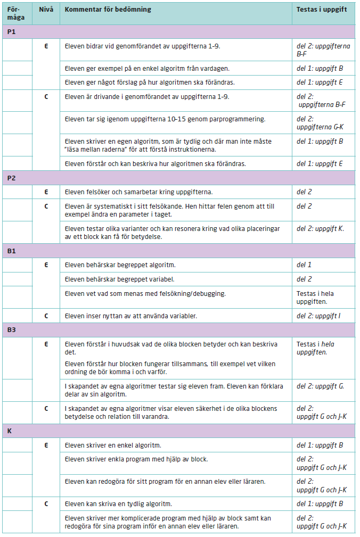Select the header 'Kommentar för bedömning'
(108, 10)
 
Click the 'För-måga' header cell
(16, 13)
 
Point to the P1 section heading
(11, 32)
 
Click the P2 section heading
(11, 178)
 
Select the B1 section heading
(11, 250)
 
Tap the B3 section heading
(11, 330)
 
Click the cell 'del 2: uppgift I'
(318, 316)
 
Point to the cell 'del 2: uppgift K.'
(320, 228)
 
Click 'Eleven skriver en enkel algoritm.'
(113, 445)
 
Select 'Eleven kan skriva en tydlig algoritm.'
(118, 503)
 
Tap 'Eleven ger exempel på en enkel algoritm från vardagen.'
(148, 68)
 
